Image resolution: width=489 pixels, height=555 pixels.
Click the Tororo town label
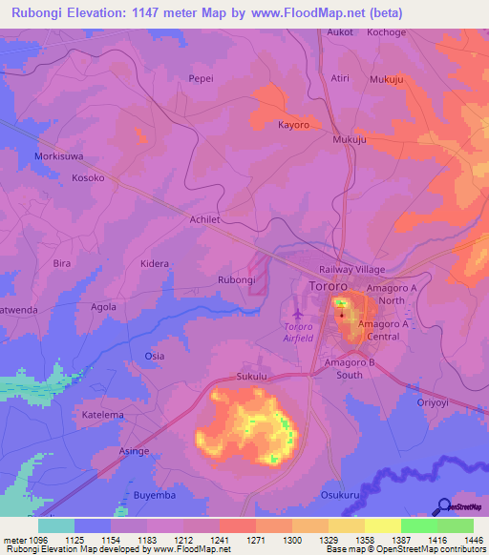[x=330, y=286]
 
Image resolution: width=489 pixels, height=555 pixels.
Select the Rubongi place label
[x=237, y=279]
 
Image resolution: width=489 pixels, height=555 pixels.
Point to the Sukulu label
[x=251, y=378]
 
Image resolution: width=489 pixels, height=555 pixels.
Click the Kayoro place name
[x=293, y=125]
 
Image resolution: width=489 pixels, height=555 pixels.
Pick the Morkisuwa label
[x=59, y=155]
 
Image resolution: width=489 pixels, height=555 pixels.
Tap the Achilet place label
[x=205, y=218]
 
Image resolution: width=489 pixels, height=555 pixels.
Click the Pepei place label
[x=201, y=79]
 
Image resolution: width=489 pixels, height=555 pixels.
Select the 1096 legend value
[x=28, y=541]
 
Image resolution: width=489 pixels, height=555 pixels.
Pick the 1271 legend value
[x=254, y=541]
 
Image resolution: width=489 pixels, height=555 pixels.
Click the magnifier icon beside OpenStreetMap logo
[x=441, y=506]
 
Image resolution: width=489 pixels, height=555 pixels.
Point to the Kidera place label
[x=155, y=263]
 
